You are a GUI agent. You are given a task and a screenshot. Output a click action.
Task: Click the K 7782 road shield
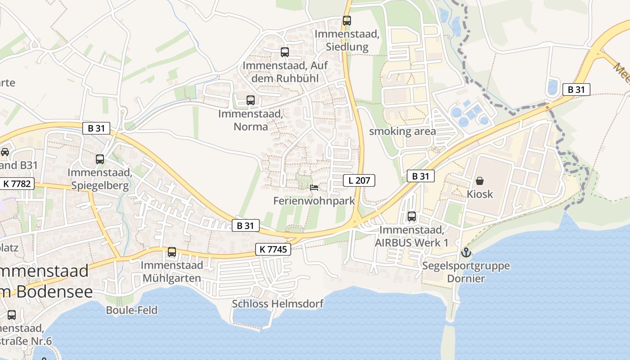(x=18, y=184)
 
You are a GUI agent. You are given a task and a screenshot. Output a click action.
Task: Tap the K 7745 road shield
(x=273, y=249)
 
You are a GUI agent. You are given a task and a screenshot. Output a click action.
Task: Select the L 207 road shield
(x=359, y=181)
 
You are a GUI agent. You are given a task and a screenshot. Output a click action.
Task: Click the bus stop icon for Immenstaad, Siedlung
(x=346, y=21)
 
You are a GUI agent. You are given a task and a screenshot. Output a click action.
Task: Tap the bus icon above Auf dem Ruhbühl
(x=285, y=52)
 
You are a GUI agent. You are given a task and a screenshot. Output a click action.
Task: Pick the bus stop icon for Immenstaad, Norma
(x=251, y=100)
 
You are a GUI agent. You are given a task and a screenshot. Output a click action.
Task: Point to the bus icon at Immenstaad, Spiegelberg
(x=100, y=159)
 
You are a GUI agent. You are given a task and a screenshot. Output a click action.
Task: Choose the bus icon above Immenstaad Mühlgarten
(x=172, y=252)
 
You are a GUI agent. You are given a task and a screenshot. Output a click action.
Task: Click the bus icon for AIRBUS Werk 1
(x=412, y=216)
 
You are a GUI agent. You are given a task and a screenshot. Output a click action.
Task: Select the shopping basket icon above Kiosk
(x=480, y=181)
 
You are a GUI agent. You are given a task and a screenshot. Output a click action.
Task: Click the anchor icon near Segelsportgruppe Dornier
(x=466, y=252)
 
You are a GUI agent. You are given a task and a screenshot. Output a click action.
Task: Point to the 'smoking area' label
(x=402, y=131)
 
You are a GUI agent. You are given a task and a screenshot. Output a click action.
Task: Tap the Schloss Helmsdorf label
(x=278, y=304)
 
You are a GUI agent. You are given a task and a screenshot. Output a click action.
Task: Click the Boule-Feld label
(x=132, y=310)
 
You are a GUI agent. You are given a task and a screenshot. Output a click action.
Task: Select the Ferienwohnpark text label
(x=315, y=201)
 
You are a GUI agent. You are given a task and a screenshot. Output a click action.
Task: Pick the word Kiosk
(x=480, y=194)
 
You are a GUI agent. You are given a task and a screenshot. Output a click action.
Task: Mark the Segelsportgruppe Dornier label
(x=466, y=272)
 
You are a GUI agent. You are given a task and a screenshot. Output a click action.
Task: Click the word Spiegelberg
(x=99, y=185)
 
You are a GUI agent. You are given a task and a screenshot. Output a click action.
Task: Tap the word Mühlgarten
(x=171, y=278)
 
